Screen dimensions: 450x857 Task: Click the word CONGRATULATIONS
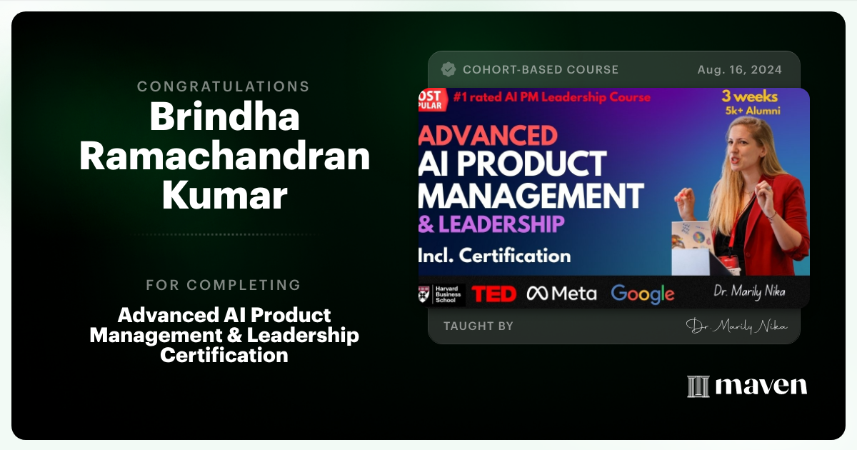click(224, 86)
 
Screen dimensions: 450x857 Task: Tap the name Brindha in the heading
click(224, 118)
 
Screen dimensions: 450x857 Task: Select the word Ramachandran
click(224, 156)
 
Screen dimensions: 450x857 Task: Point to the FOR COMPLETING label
click(224, 285)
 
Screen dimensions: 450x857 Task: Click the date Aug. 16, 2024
click(739, 70)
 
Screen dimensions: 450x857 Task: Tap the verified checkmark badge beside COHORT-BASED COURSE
click(448, 69)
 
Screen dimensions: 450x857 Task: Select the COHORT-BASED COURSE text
click(541, 70)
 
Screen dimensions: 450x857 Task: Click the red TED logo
click(494, 294)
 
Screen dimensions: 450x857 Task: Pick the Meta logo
click(561, 294)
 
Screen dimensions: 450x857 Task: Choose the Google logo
click(643, 294)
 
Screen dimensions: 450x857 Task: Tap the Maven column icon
click(698, 386)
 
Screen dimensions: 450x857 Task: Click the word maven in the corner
click(761, 386)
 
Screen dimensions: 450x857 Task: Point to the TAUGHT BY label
click(478, 326)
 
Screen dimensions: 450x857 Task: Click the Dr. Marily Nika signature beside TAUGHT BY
click(737, 326)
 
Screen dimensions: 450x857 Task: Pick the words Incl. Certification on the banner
click(495, 255)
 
